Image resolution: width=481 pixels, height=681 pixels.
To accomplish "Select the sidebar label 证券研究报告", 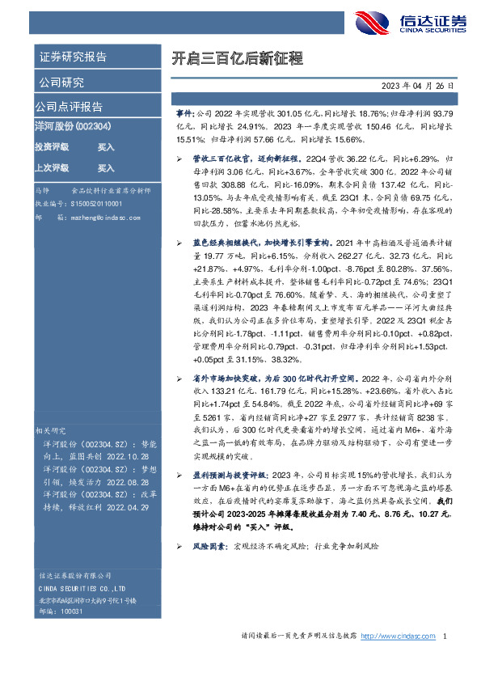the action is [x=72, y=57].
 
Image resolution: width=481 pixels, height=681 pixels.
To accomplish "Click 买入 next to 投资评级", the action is [x=106, y=148].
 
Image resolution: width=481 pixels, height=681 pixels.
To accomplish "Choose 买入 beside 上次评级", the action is [x=106, y=168].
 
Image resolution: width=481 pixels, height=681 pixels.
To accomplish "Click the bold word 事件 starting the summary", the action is [x=184, y=114].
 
